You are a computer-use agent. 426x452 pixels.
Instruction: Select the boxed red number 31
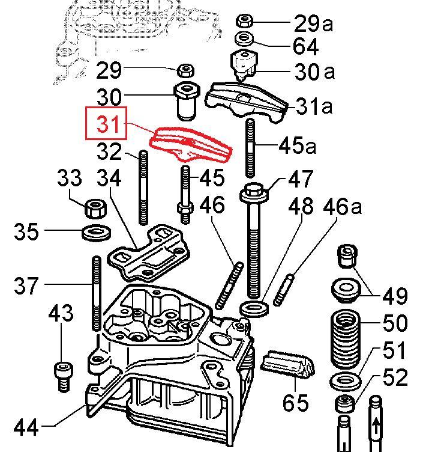[108, 125]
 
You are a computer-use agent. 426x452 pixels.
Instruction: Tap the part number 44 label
[26, 427]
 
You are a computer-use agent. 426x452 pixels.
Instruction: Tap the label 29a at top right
[313, 23]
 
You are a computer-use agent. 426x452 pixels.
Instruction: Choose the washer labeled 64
[244, 39]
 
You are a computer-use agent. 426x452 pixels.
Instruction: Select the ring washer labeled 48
[254, 309]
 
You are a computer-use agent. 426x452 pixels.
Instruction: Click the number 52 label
[394, 377]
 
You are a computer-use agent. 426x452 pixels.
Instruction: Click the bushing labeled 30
[186, 100]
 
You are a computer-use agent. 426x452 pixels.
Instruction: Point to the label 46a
[343, 206]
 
